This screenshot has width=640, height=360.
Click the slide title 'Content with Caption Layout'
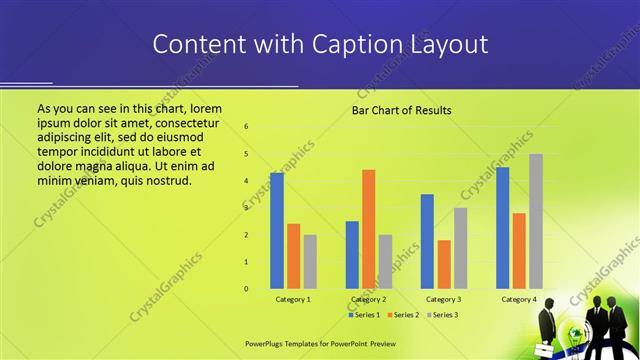coord(320,45)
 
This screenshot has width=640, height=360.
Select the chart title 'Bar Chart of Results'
coord(401,110)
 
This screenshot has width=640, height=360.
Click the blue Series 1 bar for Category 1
coord(277,230)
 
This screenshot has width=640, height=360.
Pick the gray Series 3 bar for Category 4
coord(536,221)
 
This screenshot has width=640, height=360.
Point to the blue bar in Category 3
coord(427,241)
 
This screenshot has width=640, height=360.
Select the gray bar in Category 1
coord(310,261)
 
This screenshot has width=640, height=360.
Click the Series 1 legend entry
coord(365,315)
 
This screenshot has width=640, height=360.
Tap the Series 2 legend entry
coord(401,315)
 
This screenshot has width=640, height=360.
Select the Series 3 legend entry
coord(439,315)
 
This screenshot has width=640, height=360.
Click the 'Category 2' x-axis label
coord(369,299)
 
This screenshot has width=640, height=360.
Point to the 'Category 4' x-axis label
coord(519,299)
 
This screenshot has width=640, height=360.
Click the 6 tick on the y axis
coord(247,127)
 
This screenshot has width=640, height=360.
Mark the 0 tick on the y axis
coord(247,289)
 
